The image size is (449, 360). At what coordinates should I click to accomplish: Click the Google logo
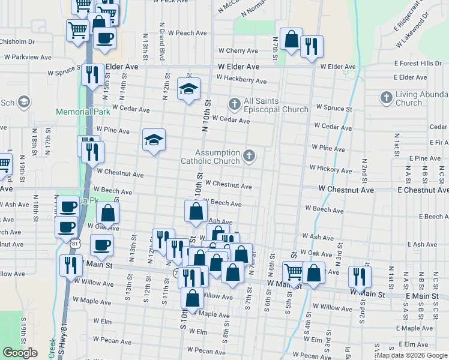[20, 353]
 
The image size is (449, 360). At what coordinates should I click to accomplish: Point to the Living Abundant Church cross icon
[386, 97]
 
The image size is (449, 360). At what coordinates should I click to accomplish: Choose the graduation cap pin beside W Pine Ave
[154, 141]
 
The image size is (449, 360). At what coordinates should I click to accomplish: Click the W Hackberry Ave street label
[241, 80]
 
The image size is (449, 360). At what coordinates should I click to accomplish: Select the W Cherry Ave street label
[238, 51]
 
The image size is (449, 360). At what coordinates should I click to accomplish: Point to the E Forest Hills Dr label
[418, 63]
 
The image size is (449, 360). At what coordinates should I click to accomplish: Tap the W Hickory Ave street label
[331, 169]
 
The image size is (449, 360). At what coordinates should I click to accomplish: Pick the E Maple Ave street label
[418, 328]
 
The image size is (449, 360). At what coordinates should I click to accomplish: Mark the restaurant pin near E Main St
[359, 276]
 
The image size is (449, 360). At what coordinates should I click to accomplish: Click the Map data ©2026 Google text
[412, 355]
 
